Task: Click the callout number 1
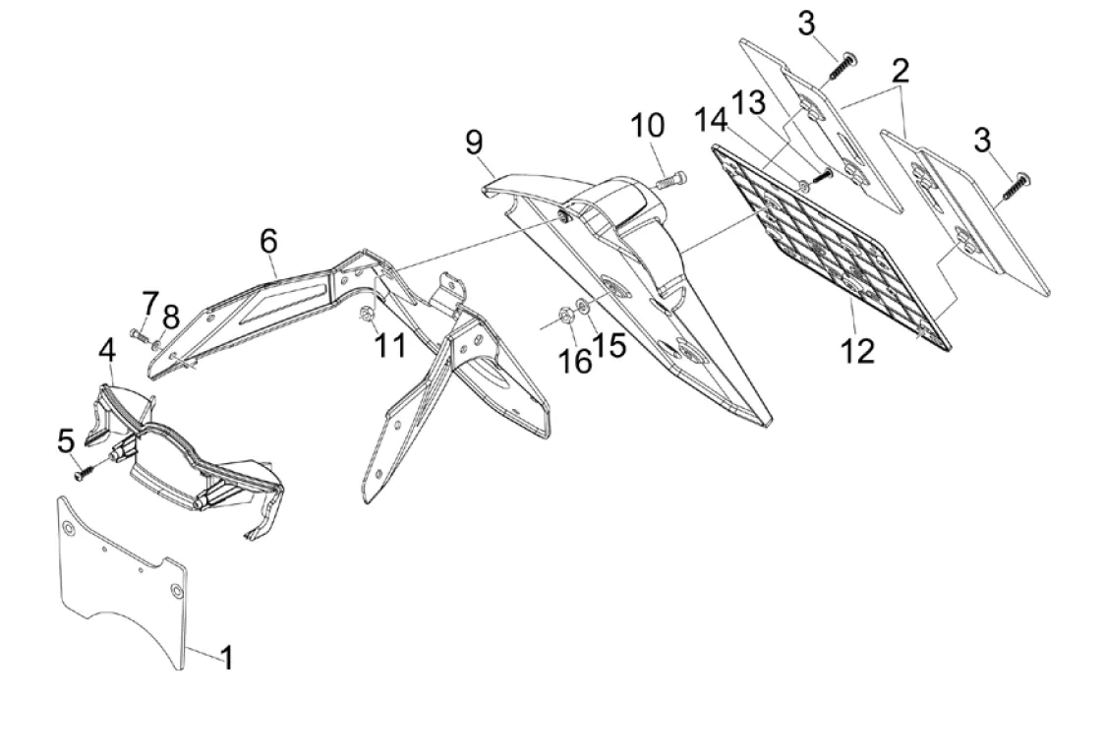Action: tap(226, 657)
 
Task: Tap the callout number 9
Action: tap(475, 142)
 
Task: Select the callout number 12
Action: tap(857, 351)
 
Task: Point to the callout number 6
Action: tap(269, 241)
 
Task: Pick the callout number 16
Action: tap(574, 362)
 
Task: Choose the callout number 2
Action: tap(901, 71)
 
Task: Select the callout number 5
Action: tap(66, 440)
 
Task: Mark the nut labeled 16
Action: tap(566, 315)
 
